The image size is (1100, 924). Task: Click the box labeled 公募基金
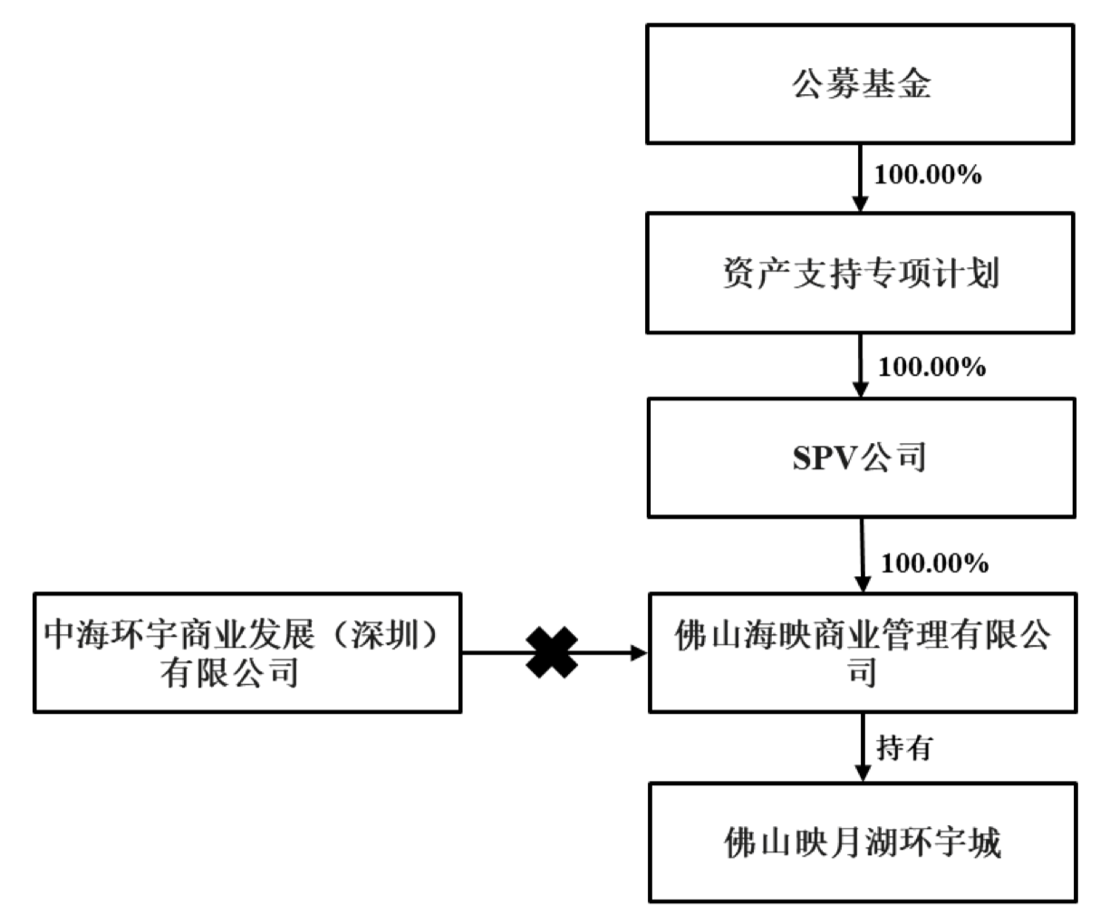click(860, 84)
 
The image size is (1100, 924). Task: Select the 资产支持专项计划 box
click(860, 273)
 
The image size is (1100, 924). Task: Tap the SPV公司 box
click(860, 458)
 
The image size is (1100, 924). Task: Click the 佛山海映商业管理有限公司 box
click(863, 652)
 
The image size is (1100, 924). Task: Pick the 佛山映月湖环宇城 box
click(863, 843)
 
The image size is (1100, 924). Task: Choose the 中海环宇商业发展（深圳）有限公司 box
click(246, 652)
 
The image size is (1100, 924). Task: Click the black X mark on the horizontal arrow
click(552, 652)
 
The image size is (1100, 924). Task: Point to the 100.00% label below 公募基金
click(927, 175)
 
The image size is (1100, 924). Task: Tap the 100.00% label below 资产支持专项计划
click(932, 366)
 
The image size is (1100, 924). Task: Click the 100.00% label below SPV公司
click(934, 563)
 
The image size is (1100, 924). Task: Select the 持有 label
click(904, 747)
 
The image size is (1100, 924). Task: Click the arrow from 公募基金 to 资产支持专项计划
click(859, 178)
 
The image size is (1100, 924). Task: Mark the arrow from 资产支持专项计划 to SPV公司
click(860, 365)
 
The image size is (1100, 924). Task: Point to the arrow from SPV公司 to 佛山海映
click(861, 555)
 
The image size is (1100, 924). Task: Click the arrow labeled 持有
click(861, 747)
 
